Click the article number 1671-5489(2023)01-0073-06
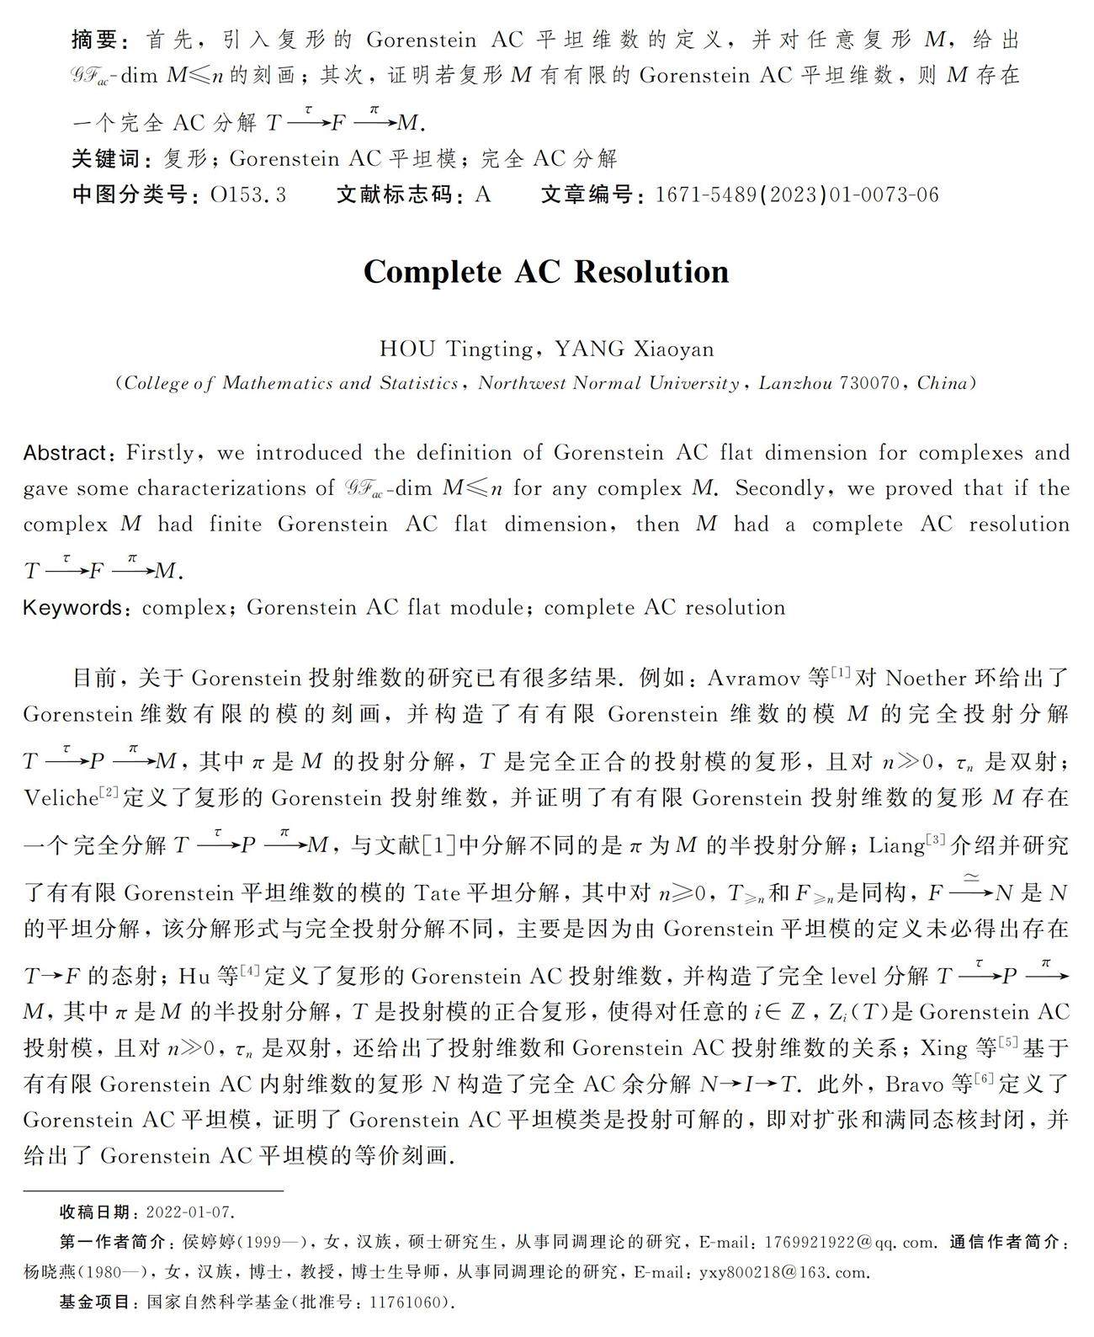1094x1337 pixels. [796, 195]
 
